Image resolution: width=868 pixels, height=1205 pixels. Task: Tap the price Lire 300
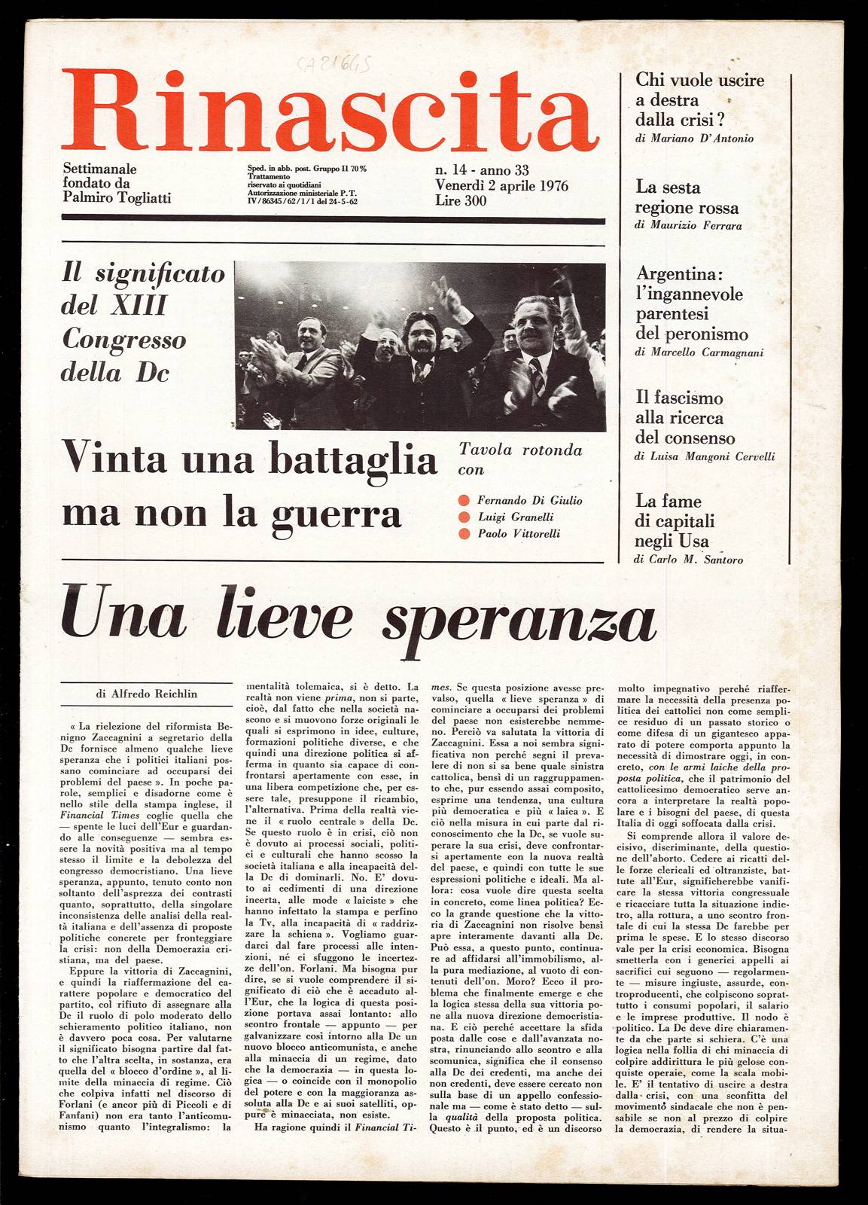pos(461,201)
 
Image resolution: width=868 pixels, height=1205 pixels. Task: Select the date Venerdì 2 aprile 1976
pos(501,186)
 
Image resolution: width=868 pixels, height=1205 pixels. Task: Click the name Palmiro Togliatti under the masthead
pos(117,198)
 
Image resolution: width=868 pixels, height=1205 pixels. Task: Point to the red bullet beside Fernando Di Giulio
pos(464,501)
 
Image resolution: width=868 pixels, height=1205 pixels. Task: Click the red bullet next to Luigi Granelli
pos(464,517)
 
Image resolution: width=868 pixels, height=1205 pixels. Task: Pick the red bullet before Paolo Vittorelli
pos(464,534)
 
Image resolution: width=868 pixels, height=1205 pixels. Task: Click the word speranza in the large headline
pos(519,622)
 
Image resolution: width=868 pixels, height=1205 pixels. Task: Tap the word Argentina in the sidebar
pos(674,273)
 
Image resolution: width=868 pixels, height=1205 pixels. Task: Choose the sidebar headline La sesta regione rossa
pos(686,198)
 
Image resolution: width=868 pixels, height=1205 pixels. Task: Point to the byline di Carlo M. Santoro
pos(689,560)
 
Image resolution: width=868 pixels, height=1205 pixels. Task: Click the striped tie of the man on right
pos(538,374)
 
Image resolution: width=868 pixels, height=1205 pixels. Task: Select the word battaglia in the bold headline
pos(353,460)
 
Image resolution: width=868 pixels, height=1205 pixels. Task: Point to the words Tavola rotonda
pos(520,450)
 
